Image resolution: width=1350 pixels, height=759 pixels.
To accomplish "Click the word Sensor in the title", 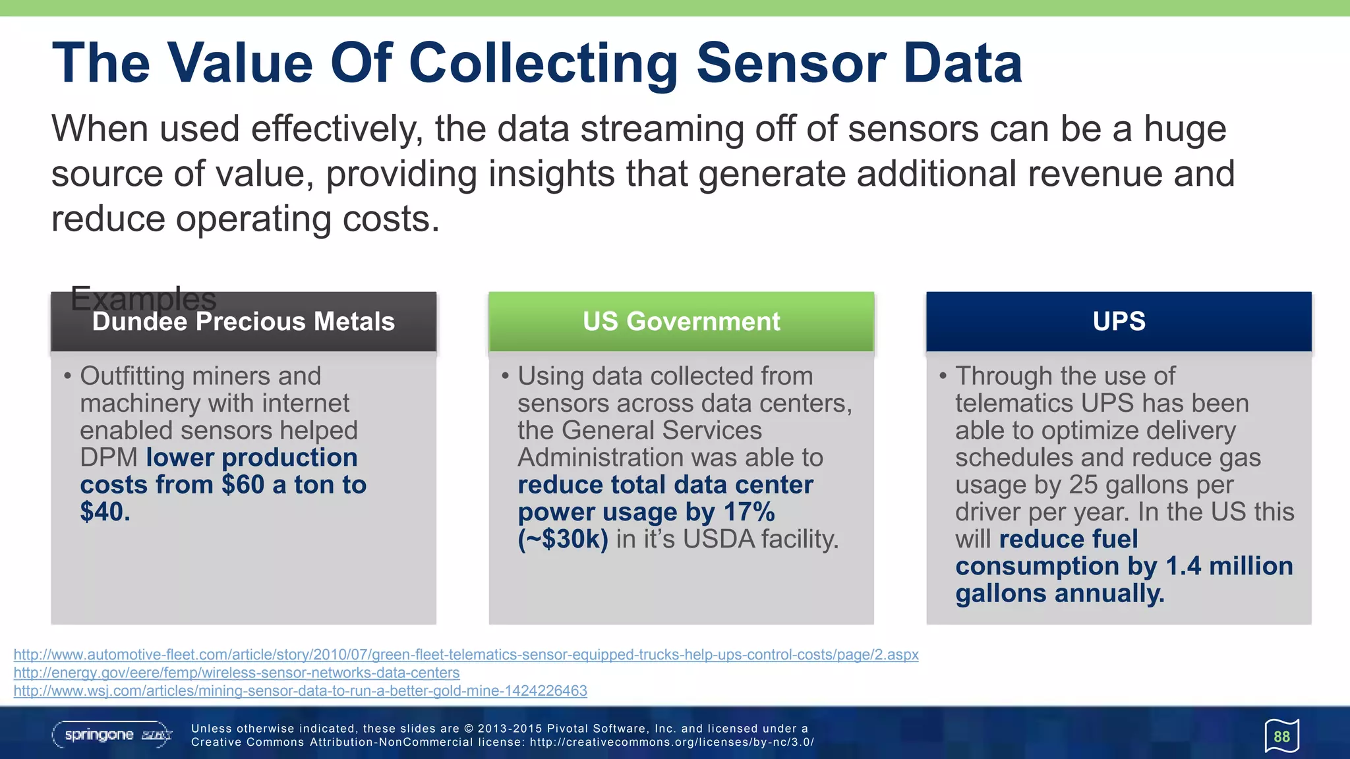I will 791,64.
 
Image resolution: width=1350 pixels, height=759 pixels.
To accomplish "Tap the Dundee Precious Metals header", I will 243,322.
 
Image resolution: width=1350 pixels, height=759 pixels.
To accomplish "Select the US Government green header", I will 681,322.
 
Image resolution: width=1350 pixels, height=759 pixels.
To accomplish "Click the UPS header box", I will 1119,322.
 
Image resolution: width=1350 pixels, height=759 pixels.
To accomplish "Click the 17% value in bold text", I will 749,512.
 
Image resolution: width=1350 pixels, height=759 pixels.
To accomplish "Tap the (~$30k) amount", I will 563,540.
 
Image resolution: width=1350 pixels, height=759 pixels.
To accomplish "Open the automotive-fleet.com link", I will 465,655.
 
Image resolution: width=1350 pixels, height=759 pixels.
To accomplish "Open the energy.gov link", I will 237,673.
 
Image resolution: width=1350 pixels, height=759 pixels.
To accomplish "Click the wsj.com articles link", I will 300,691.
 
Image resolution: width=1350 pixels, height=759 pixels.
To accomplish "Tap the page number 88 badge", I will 1281,737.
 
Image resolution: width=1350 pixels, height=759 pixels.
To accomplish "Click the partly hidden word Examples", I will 143,298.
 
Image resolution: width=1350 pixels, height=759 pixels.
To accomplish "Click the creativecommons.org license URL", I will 672,743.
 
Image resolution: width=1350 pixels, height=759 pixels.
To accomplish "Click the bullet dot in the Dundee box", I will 67,376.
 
